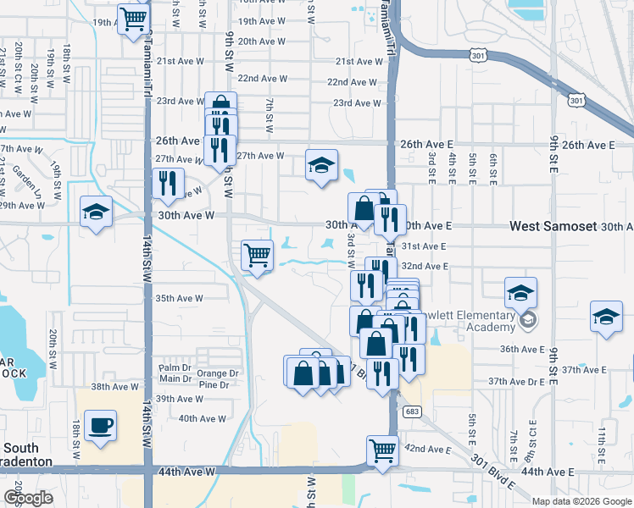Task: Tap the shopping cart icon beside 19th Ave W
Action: pos(133,19)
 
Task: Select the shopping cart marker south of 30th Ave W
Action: pos(257,254)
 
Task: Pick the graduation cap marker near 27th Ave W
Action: pos(322,164)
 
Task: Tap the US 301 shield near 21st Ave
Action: pos(478,56)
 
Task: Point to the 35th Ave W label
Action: pos(179,298)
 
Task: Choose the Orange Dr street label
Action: pos(218,373)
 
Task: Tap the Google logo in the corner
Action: pos(28,498)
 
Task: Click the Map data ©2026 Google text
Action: pos(581,500)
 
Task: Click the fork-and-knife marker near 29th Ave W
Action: pos(167,184)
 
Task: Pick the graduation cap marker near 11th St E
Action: pos(606,317)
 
